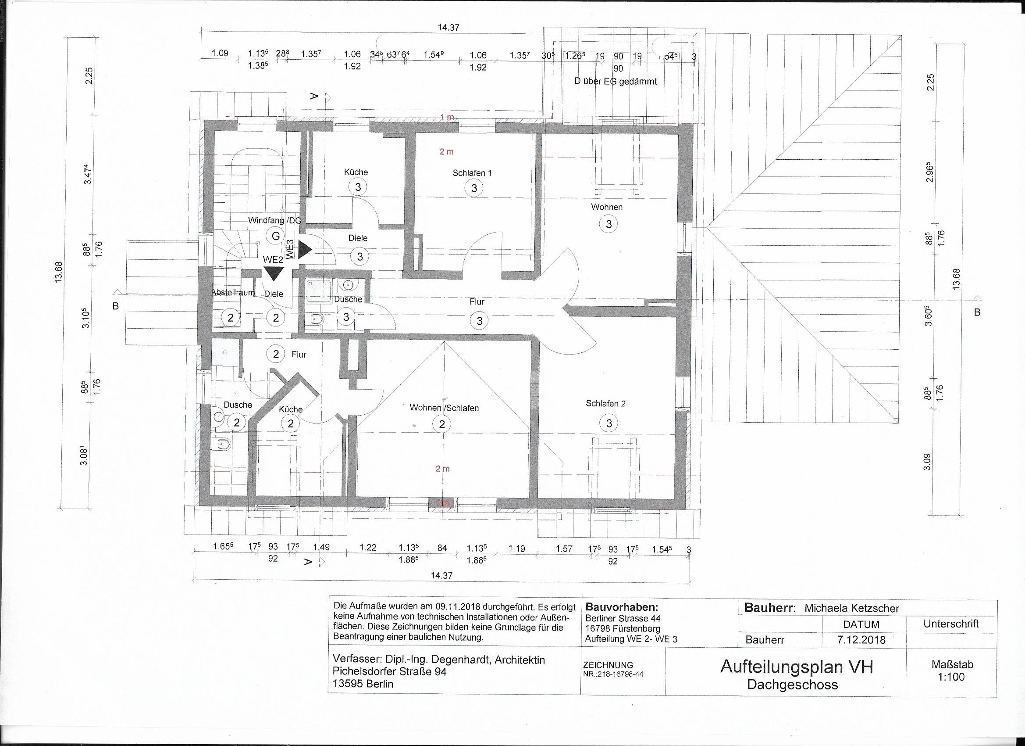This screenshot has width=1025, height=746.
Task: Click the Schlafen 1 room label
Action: click(x=472, y=173)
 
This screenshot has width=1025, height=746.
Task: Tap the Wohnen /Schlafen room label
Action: click(x=444, y=408)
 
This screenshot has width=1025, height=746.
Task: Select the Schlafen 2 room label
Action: click(x=605, y=403)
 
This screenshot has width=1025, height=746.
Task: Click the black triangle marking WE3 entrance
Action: click(x=305, y=249)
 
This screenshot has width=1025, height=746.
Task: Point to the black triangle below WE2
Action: click(x=274, y=274)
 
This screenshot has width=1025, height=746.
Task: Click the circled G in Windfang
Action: click(x=275, y=236)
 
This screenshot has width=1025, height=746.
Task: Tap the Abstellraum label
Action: click(x=233, y=292)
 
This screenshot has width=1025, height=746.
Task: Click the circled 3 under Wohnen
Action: click(x=609, y=223)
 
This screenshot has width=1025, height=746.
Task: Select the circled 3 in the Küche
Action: click(x=358, y=186)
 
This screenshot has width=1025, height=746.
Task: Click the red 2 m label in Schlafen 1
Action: click(x=446, y=151)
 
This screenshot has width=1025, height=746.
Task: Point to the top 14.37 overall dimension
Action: click(x=448, y=28)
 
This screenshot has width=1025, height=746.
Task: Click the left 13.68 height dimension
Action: click(x=58, y=273)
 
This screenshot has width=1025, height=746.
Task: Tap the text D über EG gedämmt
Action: click(x=615, y=82)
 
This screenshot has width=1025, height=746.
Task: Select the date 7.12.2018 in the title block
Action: click(x=861, y=640)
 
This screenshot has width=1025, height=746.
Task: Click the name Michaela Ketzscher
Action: click(x=851, y=608)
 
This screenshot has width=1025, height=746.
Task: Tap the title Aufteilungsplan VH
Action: click(x=796, y=667)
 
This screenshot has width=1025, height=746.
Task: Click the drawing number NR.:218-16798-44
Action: click(x=613, y=674)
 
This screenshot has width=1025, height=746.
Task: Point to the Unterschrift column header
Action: click(x=951, y=624)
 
